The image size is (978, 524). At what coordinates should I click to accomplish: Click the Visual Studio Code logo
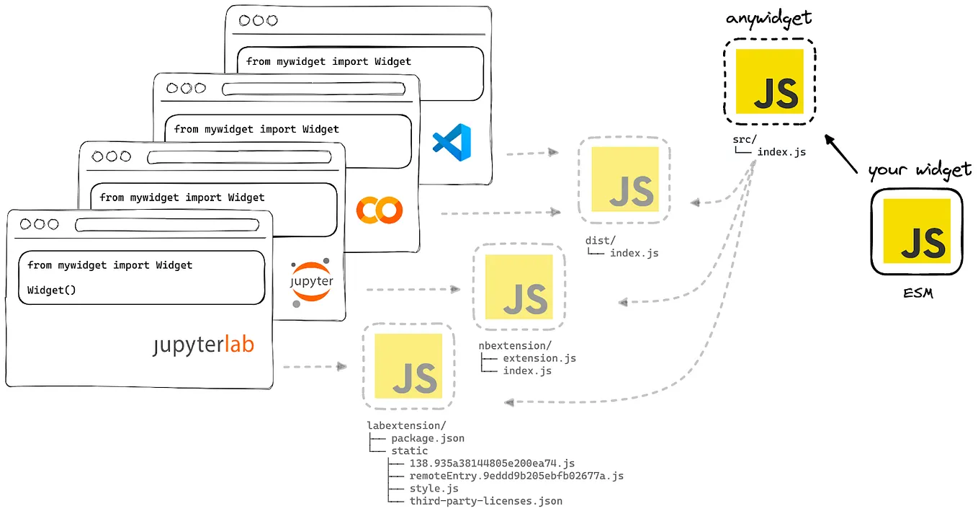pyautogui.click(x=452, y=142)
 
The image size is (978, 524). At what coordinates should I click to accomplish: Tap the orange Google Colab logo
pyautogui.click(x=379, y=210)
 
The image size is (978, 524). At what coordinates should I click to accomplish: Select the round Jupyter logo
pyautogui.click(x=311, y=282)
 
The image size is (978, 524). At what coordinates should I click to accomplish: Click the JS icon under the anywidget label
pyautogui.click(x=769, y=81)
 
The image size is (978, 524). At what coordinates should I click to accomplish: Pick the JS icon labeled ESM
pyautogui.click(x=916, y=232)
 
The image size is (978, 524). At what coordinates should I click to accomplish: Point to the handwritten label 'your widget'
pyautogui.click(x=920, y=170)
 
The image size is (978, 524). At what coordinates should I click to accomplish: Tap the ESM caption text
pyautogui.click(x=918, y=293)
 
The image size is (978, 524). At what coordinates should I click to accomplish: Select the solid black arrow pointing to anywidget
pyautogui.click(x=841, y=154)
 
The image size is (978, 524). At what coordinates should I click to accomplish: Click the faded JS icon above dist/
pyautogui.click(x=624, y=179)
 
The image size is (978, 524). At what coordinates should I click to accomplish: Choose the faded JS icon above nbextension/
pyautogui.click(x=519, y=286)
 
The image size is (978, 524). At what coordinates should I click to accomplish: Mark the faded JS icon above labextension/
pyautogui.click(x=408, y=366)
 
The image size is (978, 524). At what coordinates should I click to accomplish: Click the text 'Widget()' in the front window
pyautogui.click(x=51, y=290)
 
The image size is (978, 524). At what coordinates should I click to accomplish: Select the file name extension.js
pyautogui.click(x=539, y=358)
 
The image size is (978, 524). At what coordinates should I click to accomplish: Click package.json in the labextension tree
pyautogui.click(x=427, y=438)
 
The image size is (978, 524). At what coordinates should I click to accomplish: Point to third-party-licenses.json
pyautogui.click(x=485, y=501)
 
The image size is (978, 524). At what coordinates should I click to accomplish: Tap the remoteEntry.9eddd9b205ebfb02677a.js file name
pyautogui.click(x=516, y=476)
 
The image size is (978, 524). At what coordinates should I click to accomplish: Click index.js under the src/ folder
pyautogui.click(x=781, y=152)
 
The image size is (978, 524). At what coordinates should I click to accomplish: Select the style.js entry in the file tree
pyautogui.click(x=434, y=489)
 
